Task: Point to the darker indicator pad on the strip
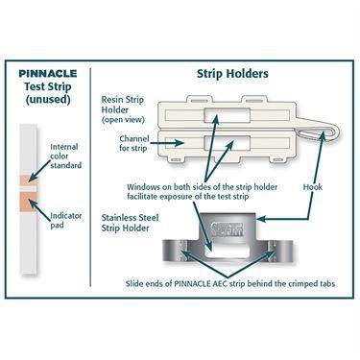(26, 201)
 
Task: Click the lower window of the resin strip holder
(223, 147)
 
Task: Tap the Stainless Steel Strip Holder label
(133, 225)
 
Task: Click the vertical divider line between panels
(90, 173)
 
